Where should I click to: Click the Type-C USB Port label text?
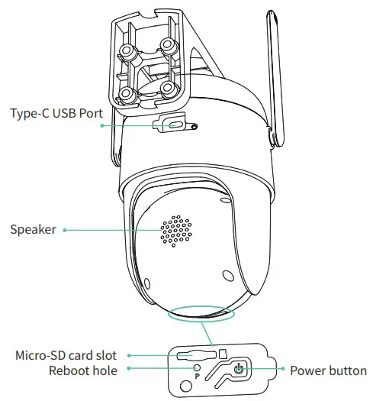(x=56, y=114)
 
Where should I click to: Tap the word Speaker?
(x=32, y=228)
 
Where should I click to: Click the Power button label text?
(x=328, y=371)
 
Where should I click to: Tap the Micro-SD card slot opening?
(x=193, y=355)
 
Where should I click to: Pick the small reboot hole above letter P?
(x=196, y=368)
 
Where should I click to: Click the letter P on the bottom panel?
(x=196, y=377)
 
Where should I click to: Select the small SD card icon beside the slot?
(x=223, y=354)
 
